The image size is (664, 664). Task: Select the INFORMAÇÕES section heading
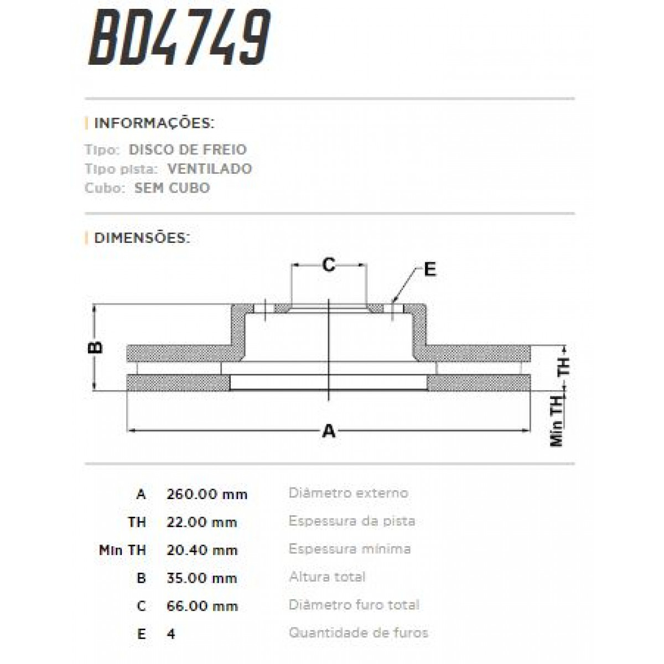(x=154, y=123)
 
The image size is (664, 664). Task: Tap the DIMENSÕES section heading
(x=142, y=238)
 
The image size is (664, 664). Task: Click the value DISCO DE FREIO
(x=188, y=149)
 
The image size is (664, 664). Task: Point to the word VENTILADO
(x=210, y=168)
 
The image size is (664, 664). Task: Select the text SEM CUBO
(x=172, y=188)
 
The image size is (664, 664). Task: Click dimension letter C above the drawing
(x=329, y=266)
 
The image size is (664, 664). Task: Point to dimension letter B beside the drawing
(x=95, y=347)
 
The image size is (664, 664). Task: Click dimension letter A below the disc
(x=329, y=430)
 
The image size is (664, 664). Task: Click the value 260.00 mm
(x=207, y=494)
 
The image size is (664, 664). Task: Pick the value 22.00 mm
(x=201, y=522)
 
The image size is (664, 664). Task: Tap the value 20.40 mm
(x=202, y=550)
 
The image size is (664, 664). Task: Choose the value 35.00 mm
(x=202, y=578)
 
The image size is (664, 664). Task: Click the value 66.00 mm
(x=202, y=606)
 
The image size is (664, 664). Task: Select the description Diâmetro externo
(x=348, y=492)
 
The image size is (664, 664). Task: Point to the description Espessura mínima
(x=350, y=549)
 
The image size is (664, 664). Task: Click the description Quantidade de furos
(x=359, y=632)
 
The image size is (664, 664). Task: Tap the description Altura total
(x=327, y=577)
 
